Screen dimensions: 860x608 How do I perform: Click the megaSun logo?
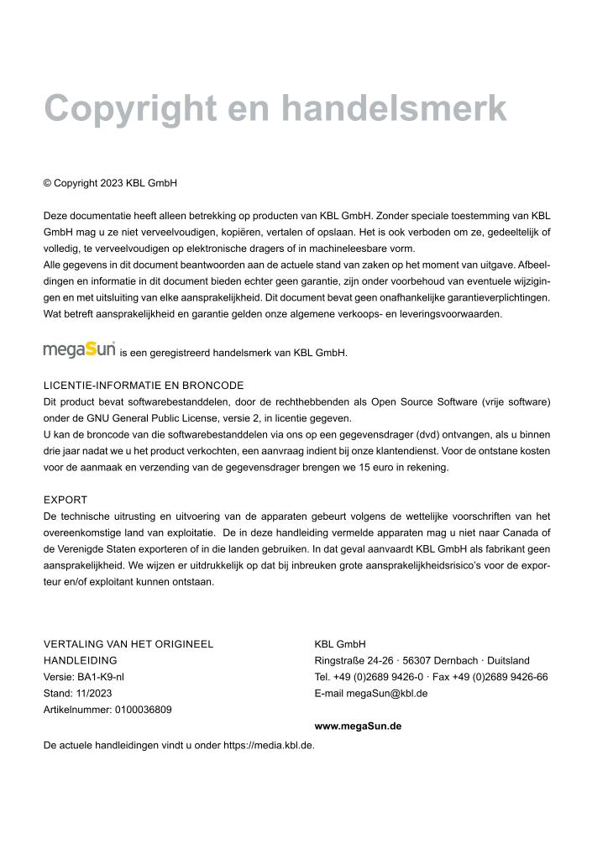point(79,349)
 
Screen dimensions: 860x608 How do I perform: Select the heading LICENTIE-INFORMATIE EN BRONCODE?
point(144,385)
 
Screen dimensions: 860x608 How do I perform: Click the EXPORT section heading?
point(66,500)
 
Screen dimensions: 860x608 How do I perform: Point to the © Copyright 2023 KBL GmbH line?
point(110,183)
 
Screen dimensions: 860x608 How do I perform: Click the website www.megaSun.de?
point(358,726)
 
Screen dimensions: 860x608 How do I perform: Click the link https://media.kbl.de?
point(268,745)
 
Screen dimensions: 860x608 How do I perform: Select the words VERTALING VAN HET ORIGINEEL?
point(128,644)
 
